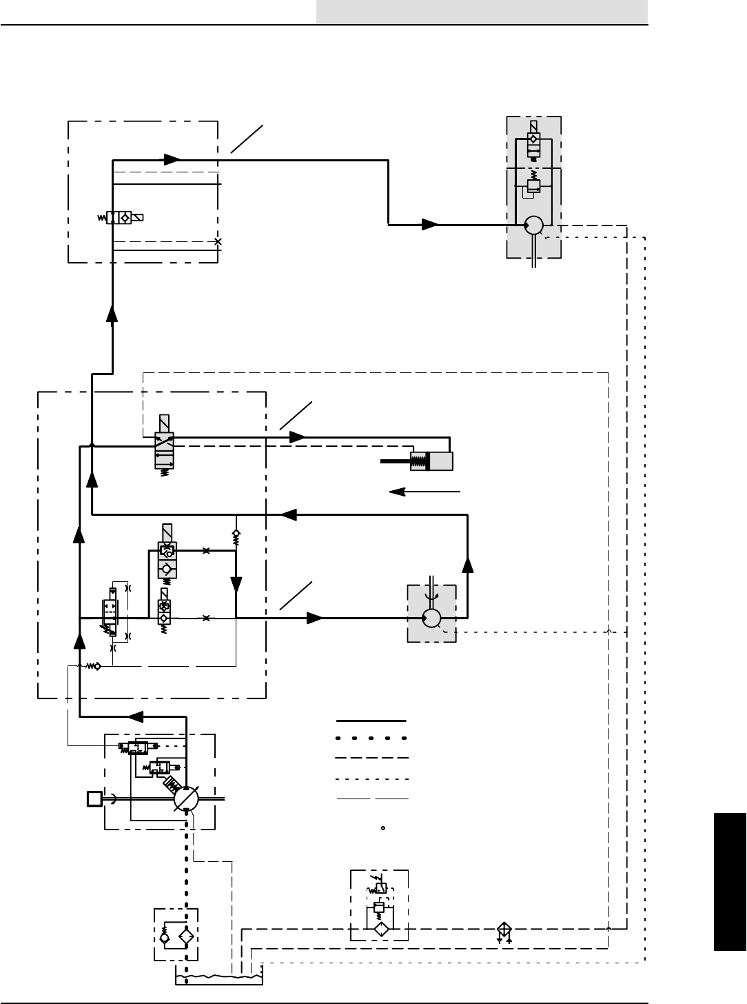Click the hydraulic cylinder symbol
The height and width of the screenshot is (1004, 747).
pos(432,461)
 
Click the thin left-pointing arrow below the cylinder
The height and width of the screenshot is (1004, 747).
pos(424,492)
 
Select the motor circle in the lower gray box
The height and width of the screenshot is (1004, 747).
pos(433,618)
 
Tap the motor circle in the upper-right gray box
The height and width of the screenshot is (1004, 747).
pos(533,225)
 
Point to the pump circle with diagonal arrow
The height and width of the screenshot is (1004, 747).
pos(186,799)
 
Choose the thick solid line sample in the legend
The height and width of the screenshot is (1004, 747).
pos(371,721)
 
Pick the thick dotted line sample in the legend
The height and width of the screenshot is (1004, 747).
pos(371,739)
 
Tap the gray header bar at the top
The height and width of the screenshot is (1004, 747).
pos(482,12)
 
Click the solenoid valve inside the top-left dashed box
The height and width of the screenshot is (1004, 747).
pos(125,218)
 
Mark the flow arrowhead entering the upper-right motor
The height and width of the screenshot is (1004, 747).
pos(431,225)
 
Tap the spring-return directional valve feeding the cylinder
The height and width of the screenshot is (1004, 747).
pos(164,451)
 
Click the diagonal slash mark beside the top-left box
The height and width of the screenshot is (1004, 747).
pos(247,139)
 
